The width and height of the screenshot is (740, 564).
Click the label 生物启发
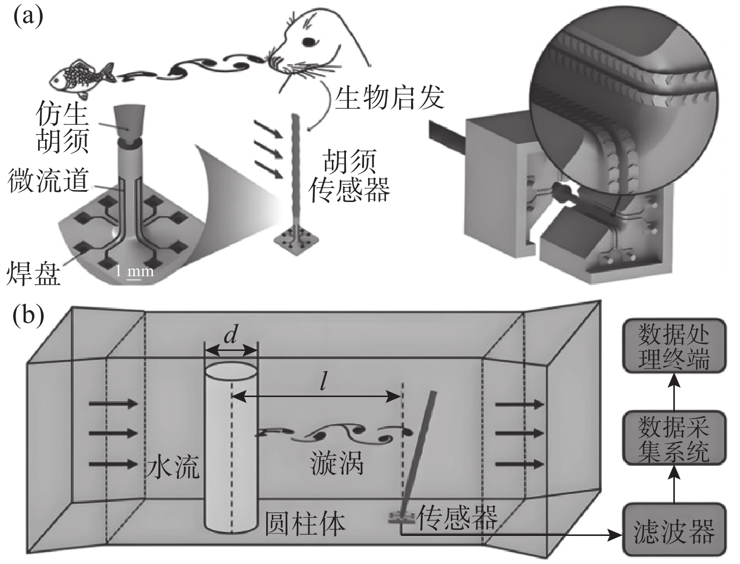(389, 97)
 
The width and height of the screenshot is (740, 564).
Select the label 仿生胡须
(63, 128)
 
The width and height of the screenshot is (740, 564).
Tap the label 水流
(173, 466)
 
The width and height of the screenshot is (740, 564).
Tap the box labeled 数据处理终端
(674, 345)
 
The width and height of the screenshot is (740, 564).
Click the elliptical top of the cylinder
(231, 372)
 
